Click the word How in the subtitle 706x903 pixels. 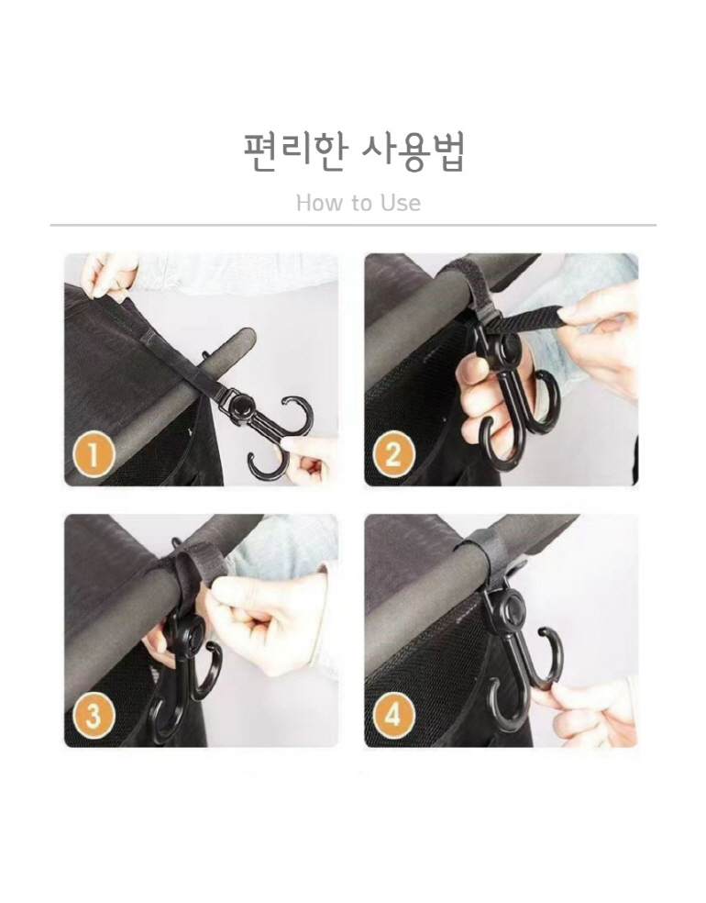319,203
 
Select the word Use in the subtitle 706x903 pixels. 400,203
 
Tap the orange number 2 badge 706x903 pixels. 393,454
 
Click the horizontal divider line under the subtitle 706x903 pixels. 353,225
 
